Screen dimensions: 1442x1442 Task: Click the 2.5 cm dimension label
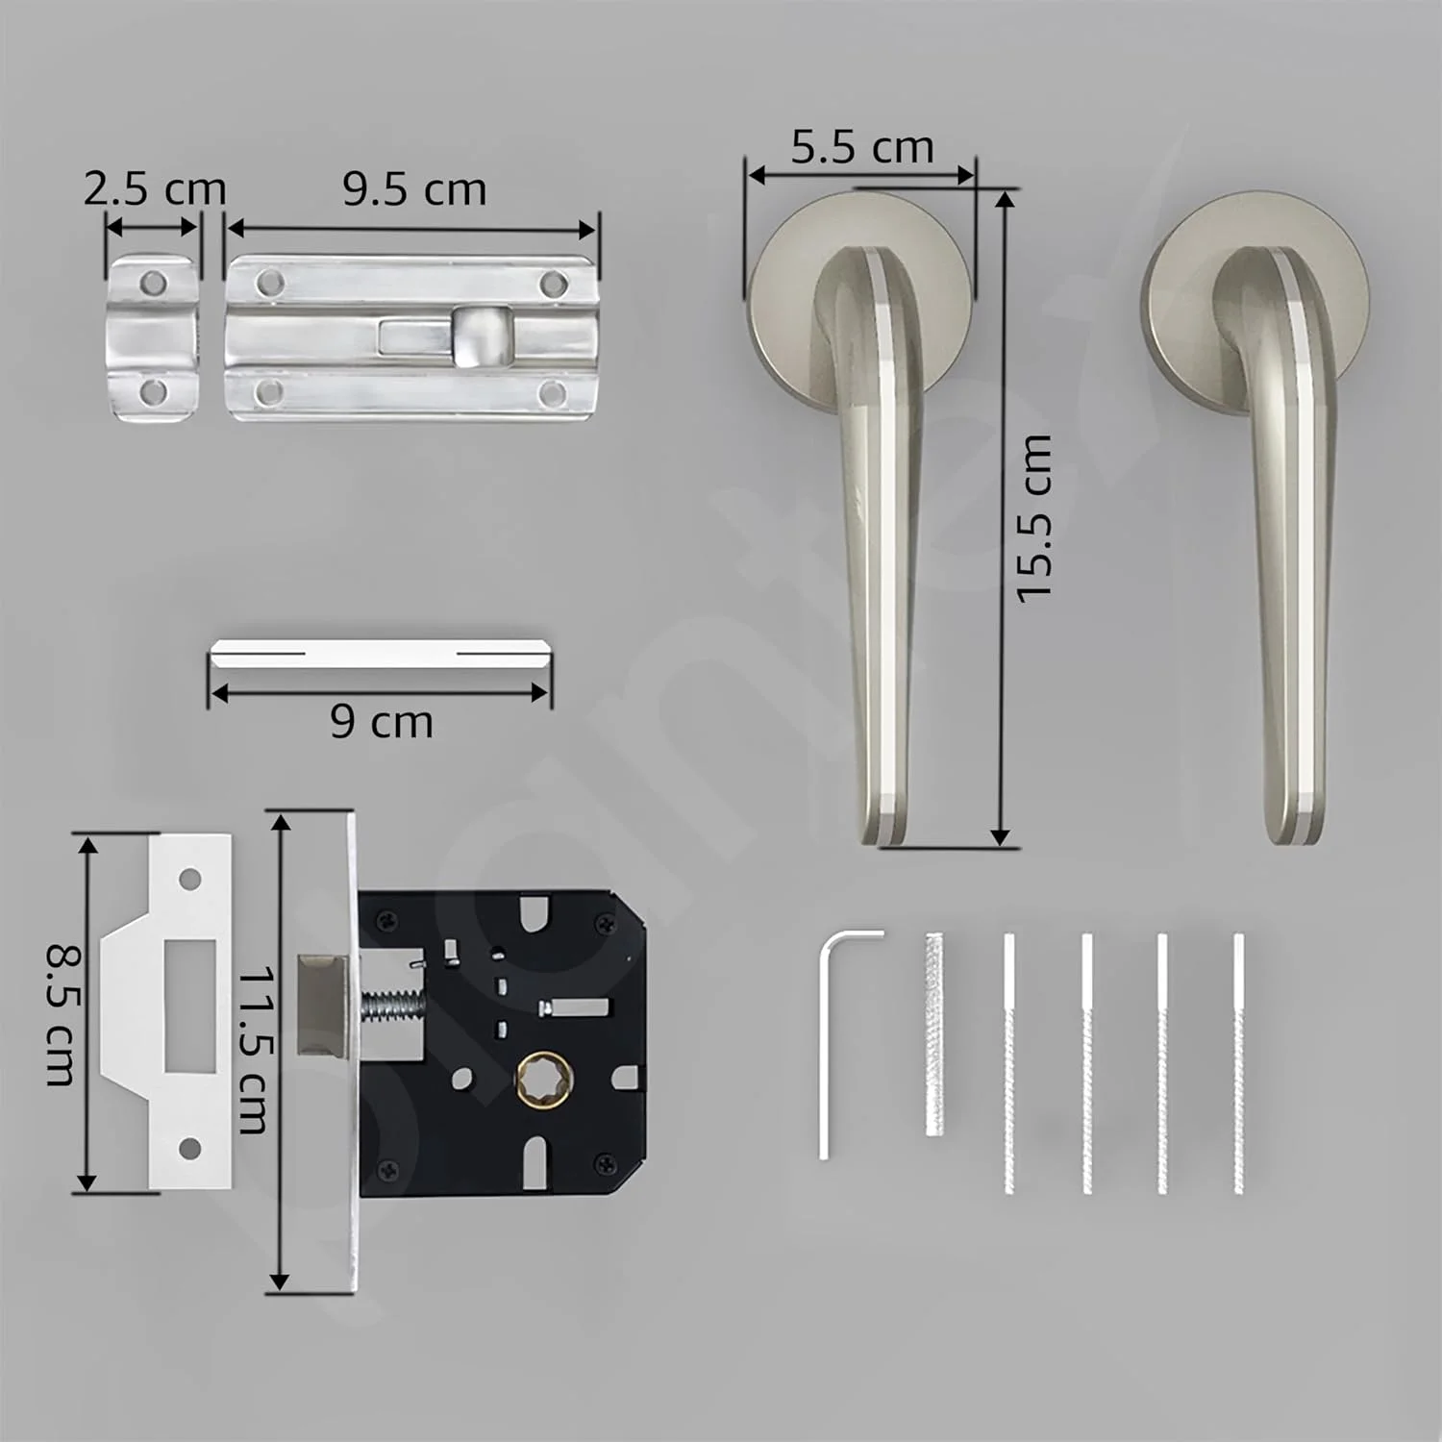click(x=154, y=188)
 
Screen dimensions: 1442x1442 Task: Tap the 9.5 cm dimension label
click(x=414, y=188)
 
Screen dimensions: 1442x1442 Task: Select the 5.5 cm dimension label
click(x=862, y=147)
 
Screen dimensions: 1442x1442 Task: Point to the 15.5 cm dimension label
click(x=1034, y=518)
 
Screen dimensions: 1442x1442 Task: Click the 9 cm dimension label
click(x=382, y=721)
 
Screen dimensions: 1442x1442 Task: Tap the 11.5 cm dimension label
click(x=253, y=1049)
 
